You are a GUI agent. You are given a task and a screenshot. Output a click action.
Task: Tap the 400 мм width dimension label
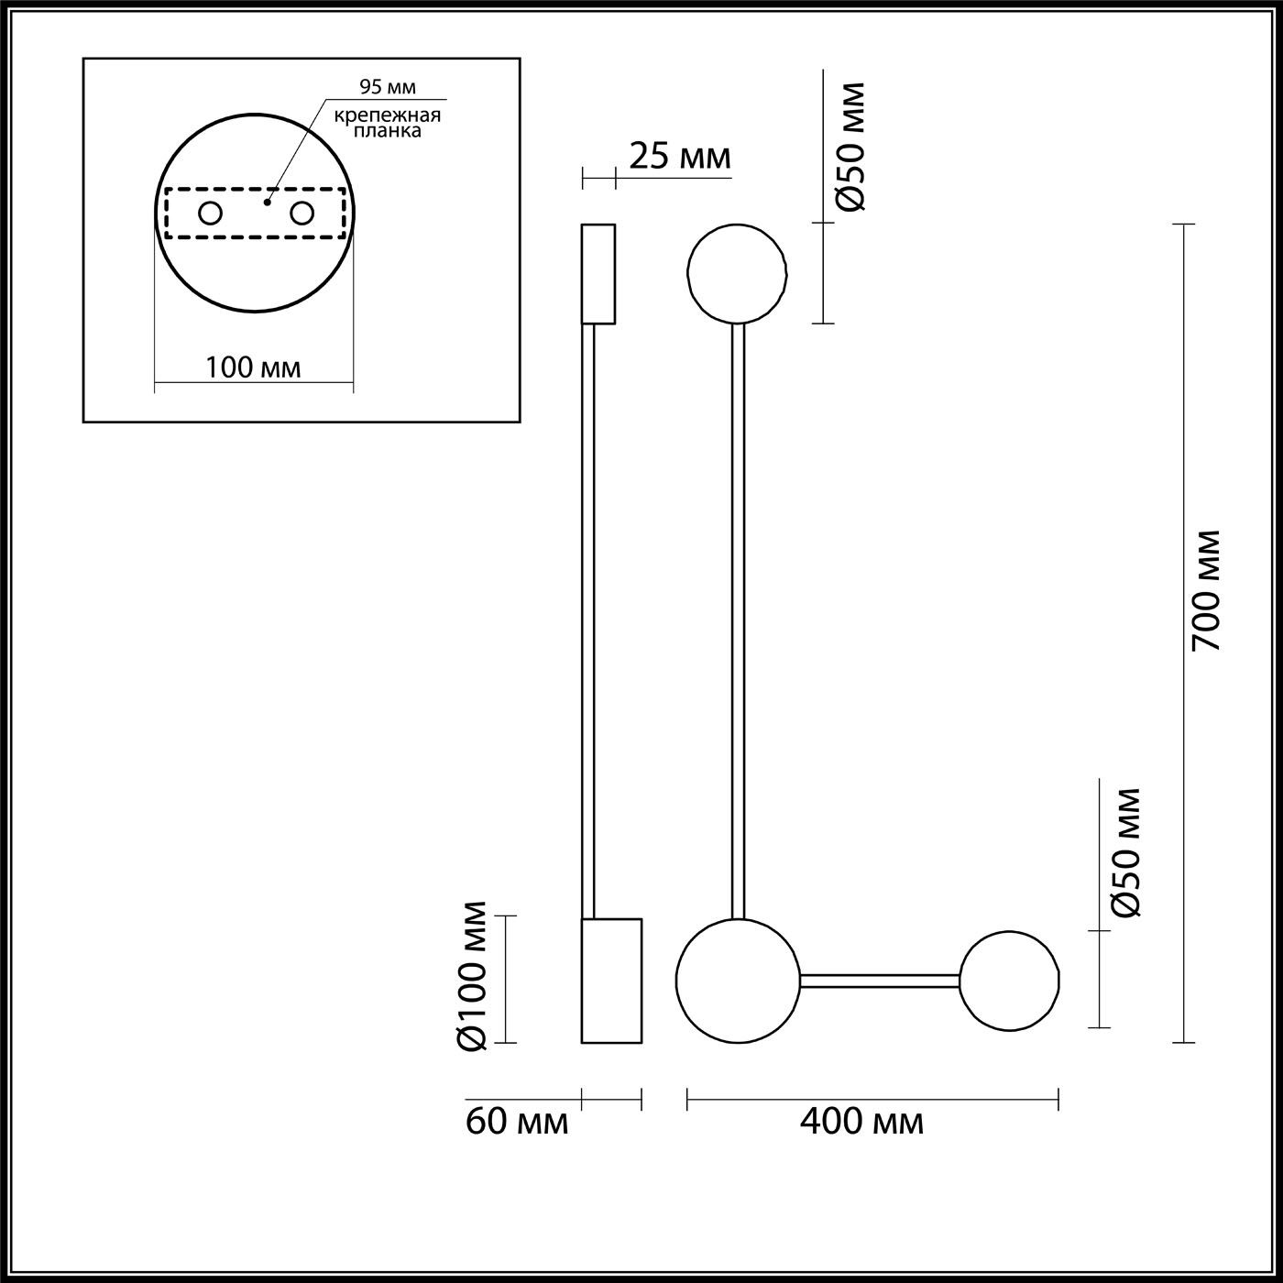pyautogui.click(x=861, y=1121)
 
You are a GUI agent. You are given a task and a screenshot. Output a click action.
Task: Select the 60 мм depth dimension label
pyautogui.click(x=517, y=1121)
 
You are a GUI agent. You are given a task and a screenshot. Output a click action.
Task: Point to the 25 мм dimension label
pyautogui.click(x=680, y=158)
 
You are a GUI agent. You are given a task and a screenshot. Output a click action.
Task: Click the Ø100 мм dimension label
pyautogui.click(x=474, y=976)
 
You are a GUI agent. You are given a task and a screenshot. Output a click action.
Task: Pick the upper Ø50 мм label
pyautogui.click(x=850, y=147)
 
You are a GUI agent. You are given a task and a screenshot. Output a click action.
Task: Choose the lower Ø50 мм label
pyautogui.click(x=1125, y=852)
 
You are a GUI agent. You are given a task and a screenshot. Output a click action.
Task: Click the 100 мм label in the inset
pyautogui.click(x=253, y=367)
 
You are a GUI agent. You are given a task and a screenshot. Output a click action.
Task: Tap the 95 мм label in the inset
pyautogui.click(x=387, y=88)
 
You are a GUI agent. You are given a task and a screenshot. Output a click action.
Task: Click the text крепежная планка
pyautogui.click(x=387, y=123)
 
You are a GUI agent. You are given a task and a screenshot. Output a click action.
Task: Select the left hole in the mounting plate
pyautogui.click(x=210, y=214)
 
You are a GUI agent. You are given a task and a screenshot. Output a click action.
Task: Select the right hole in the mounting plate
pyautogui.click(x=302, y=214)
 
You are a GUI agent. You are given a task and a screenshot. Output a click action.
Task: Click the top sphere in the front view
pyautogui.click(x=737, y=273)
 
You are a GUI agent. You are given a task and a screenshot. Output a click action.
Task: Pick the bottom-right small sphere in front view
pyautogui.click(x=1010, y=981)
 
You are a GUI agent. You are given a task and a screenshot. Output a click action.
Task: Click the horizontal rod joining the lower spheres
pyautogui.click(x=880, y=981)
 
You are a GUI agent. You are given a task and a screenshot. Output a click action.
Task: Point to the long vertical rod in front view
pyautogui.click(x=738, y=623)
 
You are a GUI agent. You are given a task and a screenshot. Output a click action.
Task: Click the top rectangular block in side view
pyautogui.click(x=598, y=273)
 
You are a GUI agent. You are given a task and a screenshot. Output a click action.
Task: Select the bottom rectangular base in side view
pyautogui.click(x=611, y=981)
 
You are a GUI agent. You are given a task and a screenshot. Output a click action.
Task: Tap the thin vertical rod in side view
pyautogui.click(x=589, y=623)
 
